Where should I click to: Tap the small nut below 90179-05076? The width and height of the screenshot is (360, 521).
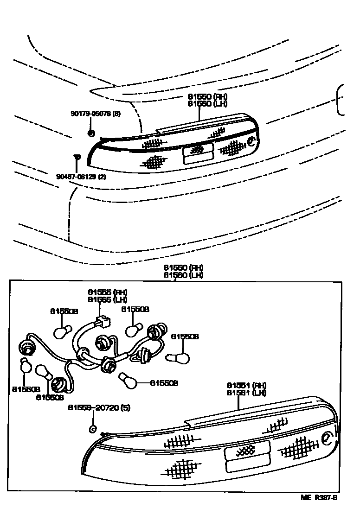click(91, 134)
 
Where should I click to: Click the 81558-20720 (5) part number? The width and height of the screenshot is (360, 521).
click(99, 408)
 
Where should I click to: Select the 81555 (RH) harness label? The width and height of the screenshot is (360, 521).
click(107, 292)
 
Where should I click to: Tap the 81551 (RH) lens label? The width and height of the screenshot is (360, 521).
click(246, 385)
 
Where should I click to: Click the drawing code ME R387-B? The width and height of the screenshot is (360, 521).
click(319, 498)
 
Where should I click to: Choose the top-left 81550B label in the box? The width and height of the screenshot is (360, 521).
click(64, 311)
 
